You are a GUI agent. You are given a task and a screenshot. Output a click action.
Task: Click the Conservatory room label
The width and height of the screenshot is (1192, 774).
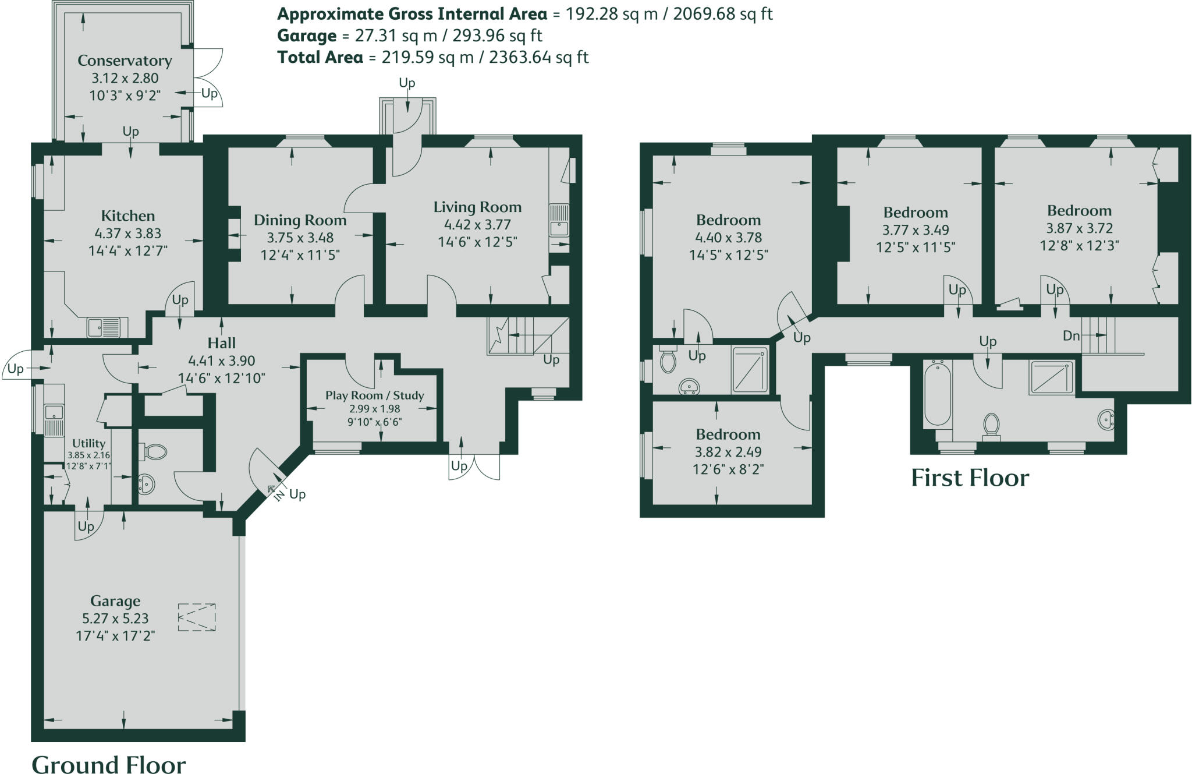125,61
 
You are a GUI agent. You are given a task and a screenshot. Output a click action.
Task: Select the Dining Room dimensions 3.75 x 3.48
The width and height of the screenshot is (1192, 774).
300,238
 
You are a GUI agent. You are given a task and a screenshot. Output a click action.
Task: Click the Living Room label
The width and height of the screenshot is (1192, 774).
477,207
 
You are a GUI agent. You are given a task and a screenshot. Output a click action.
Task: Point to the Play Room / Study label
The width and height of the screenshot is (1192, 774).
374,395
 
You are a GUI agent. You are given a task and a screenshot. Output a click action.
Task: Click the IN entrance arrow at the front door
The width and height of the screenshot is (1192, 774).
276,490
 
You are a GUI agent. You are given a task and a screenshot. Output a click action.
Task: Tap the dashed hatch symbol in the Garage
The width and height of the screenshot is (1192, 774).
197,617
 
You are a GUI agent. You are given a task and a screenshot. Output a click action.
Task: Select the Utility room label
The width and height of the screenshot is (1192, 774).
88,443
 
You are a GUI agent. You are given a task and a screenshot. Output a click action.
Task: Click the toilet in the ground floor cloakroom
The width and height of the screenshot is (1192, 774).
154,451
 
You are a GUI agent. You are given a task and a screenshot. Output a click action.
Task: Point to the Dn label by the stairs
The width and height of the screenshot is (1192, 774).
1071,336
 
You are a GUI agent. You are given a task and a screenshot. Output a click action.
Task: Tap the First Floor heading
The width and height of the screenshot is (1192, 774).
970,478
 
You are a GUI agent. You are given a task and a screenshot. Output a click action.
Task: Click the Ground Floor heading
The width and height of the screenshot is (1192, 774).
109,764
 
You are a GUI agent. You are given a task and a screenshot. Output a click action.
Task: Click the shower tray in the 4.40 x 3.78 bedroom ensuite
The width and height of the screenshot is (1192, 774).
750,369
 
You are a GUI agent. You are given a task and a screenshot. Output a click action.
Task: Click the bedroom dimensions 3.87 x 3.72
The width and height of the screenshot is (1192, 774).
1079,228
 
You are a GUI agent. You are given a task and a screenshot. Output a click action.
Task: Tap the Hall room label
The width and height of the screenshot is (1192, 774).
221,343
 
